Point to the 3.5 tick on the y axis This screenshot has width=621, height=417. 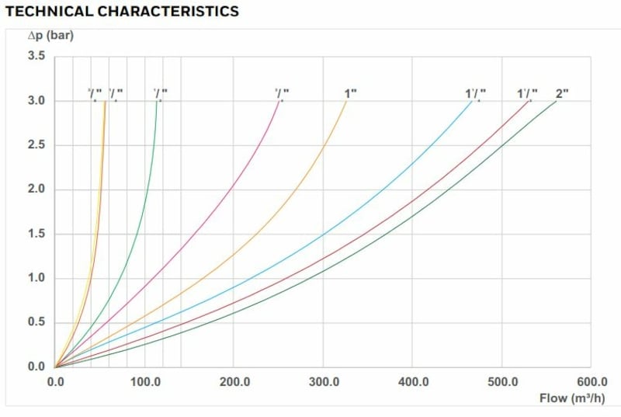[x=36, y=57]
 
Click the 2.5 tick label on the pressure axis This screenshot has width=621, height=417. [x=36, y=145]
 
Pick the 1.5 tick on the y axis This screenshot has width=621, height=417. [x=36, y=234]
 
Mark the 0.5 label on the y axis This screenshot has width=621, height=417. [x=36, y=322]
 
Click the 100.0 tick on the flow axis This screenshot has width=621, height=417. [x=145, y=382]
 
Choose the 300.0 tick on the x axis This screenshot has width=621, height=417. [x=324, y=382]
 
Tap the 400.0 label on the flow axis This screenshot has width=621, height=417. [x=413, y=382]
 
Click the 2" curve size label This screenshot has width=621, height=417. [x=562, y=94]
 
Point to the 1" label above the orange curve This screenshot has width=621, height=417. [x=350, y=94]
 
